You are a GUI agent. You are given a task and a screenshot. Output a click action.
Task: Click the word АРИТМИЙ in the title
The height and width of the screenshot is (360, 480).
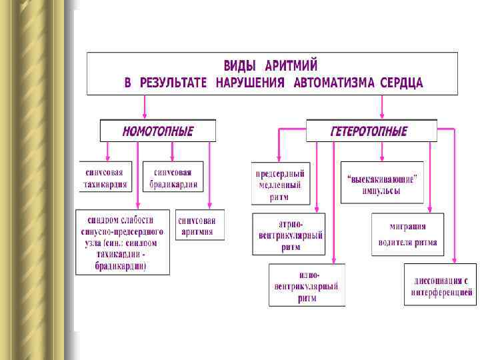pos(291,66)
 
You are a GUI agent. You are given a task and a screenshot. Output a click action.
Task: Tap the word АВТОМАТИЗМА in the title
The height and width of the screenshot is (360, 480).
pos(333,83)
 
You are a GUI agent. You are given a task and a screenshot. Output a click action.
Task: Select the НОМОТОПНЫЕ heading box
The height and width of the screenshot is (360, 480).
pos(158,131)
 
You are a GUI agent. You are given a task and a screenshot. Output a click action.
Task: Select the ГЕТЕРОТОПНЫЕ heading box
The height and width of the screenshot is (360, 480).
pos(371,131)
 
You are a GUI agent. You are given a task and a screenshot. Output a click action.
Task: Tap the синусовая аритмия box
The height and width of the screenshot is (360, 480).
pos(199,225)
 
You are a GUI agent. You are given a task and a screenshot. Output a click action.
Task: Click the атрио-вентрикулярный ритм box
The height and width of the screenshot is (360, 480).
pos(289,234)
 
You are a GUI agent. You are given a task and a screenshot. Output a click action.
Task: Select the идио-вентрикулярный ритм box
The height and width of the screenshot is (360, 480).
pos(307,285)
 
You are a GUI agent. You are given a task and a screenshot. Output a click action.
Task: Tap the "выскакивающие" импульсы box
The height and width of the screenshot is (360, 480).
pos(381,182)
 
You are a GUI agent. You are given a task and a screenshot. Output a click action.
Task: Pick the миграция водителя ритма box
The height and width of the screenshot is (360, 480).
pos(407,234)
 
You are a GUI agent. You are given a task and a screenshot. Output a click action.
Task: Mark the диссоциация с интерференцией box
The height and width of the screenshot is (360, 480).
pos(440,285)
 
